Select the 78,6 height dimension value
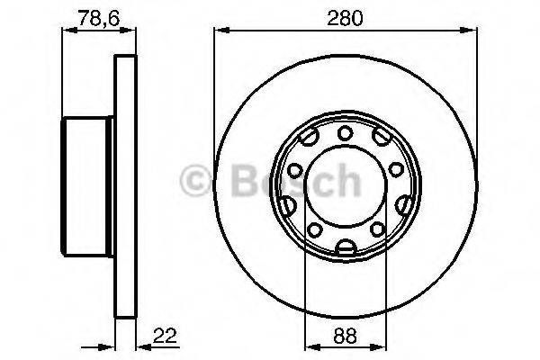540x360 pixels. [x=90, y=17]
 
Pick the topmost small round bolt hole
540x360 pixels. [x=346, y=133]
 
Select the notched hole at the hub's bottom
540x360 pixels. [x=346, y=248]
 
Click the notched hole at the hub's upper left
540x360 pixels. [x=309, y=139]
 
